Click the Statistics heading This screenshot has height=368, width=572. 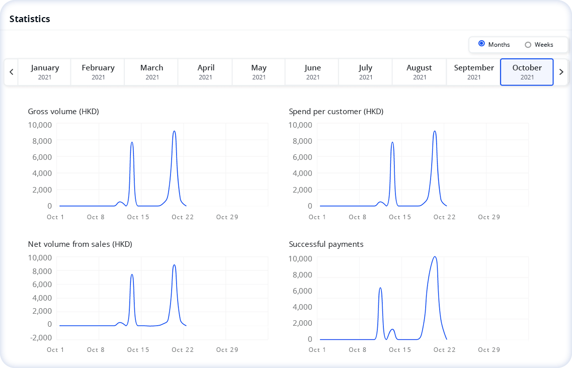[x=30, y=19]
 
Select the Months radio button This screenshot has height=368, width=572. [x=481, y=44]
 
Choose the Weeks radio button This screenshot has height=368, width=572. [x=528, y=45]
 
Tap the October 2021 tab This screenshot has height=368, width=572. [x=527, y=72]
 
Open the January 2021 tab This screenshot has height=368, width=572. [x=45, y=72]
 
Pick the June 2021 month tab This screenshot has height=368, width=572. [x=312, y=72]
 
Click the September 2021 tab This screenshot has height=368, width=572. [x=473, y=72]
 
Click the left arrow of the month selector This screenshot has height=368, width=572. [x=11, y=72]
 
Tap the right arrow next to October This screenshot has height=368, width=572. [x=561, y=72]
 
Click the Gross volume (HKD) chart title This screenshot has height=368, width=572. [x=63, y=112]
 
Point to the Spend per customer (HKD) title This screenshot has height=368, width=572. [x=336, y=112]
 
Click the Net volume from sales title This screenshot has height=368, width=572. [x=80, y=244]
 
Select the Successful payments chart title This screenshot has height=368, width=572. [x=326, y=244]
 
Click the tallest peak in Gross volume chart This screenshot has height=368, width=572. [x=174, y=131]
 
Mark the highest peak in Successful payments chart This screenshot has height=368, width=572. [x=435, y=257]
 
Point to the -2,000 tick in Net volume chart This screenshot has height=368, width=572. [x=40, y=337]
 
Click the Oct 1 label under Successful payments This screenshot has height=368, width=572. [x=317, y=350]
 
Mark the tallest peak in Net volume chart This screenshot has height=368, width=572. [x=174, y=265]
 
